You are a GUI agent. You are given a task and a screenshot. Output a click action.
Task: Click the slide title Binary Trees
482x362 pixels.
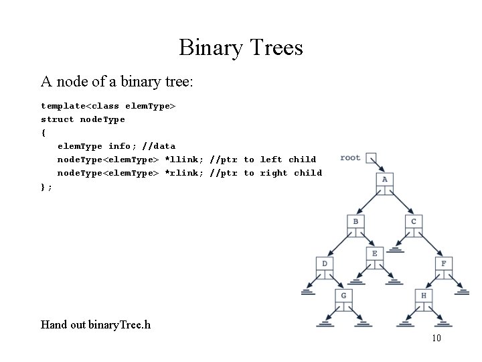241,48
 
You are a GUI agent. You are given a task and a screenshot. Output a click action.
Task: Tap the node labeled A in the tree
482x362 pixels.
385,180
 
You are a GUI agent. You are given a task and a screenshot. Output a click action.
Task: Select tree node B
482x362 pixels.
355,222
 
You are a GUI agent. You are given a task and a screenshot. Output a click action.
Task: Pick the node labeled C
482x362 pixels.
414,222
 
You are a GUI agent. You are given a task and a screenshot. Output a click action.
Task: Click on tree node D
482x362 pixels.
325,264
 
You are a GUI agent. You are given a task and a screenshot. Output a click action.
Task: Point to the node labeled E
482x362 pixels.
374,253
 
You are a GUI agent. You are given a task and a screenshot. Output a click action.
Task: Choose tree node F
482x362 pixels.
443,264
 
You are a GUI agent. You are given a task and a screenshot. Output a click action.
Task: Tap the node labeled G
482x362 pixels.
343,296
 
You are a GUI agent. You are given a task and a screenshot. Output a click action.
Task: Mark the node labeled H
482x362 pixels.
423,296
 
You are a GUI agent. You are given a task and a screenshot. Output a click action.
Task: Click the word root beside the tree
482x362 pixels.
350,158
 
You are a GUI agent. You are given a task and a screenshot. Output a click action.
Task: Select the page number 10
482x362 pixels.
436,339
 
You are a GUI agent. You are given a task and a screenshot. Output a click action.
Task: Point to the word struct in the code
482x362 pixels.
58,119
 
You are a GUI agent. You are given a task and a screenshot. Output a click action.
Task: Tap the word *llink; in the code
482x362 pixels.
184,160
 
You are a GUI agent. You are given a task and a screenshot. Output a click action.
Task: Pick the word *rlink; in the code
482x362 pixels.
184,173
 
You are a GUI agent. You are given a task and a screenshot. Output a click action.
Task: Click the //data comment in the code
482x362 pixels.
159,146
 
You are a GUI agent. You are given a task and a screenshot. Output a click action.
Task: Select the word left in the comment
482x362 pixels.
271,160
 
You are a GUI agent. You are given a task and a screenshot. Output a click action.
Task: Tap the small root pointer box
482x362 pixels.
372,159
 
